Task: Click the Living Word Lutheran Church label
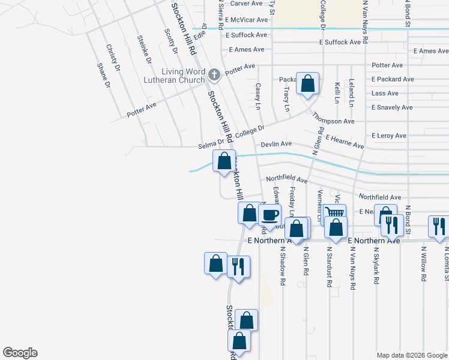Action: (174, 75)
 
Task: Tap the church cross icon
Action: (214, 75)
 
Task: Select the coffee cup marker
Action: (270, 215)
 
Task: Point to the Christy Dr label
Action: (113, 57)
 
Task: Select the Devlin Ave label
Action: (276, 144)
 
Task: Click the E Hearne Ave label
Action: (345, 142)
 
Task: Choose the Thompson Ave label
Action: (333, 121)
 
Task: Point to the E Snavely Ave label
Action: (392, 107)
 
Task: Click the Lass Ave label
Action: (385, 94)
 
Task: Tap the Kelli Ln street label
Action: (337, 93)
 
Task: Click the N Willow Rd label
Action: (423, 264)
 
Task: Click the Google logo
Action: (20, 353)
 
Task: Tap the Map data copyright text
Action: (411, 355)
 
